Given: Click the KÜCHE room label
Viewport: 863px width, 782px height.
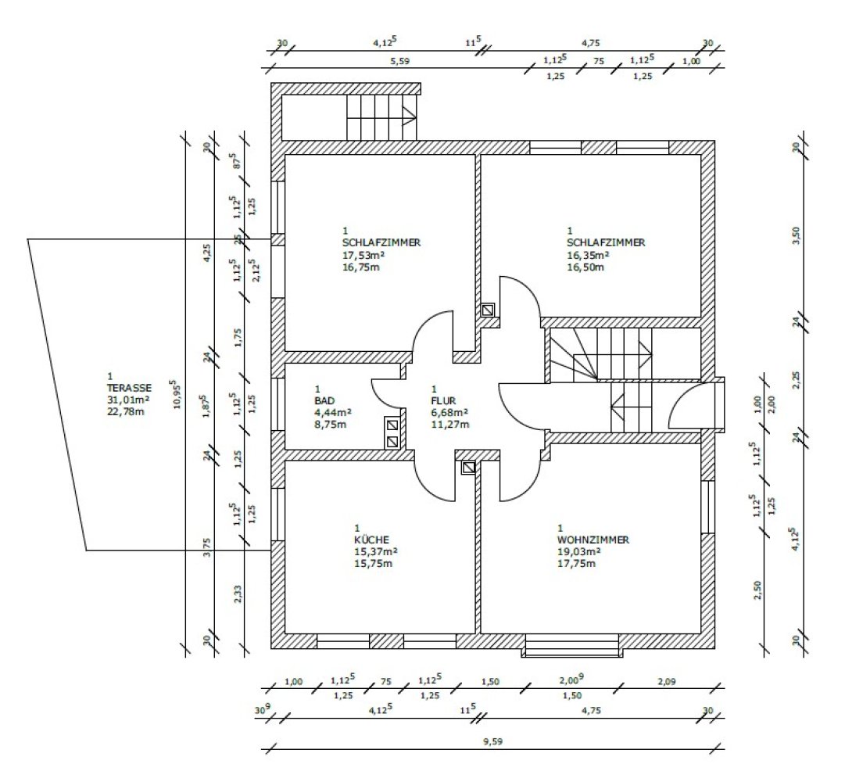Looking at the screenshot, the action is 371,540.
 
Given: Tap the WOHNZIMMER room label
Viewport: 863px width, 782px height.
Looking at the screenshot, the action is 593,540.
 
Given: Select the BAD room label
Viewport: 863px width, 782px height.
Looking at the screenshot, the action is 324,401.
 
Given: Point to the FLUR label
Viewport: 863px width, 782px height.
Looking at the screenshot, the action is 443,401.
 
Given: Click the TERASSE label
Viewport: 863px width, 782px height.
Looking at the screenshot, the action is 129,388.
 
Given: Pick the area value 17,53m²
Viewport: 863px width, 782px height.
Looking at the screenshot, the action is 363,255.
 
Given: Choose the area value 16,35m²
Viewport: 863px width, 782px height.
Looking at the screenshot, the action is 588,255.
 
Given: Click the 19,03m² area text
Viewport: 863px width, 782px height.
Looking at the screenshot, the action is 579,551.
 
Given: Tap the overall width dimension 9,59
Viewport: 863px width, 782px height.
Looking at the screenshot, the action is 492,741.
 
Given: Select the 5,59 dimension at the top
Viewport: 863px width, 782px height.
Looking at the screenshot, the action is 400,61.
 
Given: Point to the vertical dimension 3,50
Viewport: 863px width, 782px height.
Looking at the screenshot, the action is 796,235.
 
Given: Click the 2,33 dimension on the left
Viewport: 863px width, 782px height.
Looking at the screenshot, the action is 238,594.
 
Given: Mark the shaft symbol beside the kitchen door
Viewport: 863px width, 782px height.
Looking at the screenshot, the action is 468,468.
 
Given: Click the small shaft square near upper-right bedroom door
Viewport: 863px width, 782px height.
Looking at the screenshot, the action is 488,310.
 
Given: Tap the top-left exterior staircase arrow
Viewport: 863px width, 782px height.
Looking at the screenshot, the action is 410,117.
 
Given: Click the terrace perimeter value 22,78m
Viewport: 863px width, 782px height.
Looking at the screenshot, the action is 126,411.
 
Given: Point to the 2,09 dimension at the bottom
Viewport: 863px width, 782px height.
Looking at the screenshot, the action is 667,682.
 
